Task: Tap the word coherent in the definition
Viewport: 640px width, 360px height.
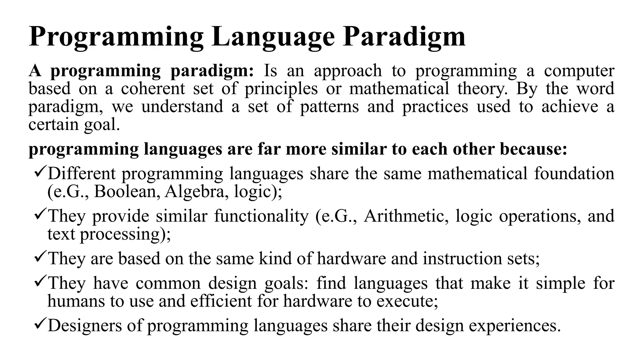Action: (153, 88)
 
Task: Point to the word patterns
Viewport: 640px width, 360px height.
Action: (329, 107)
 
